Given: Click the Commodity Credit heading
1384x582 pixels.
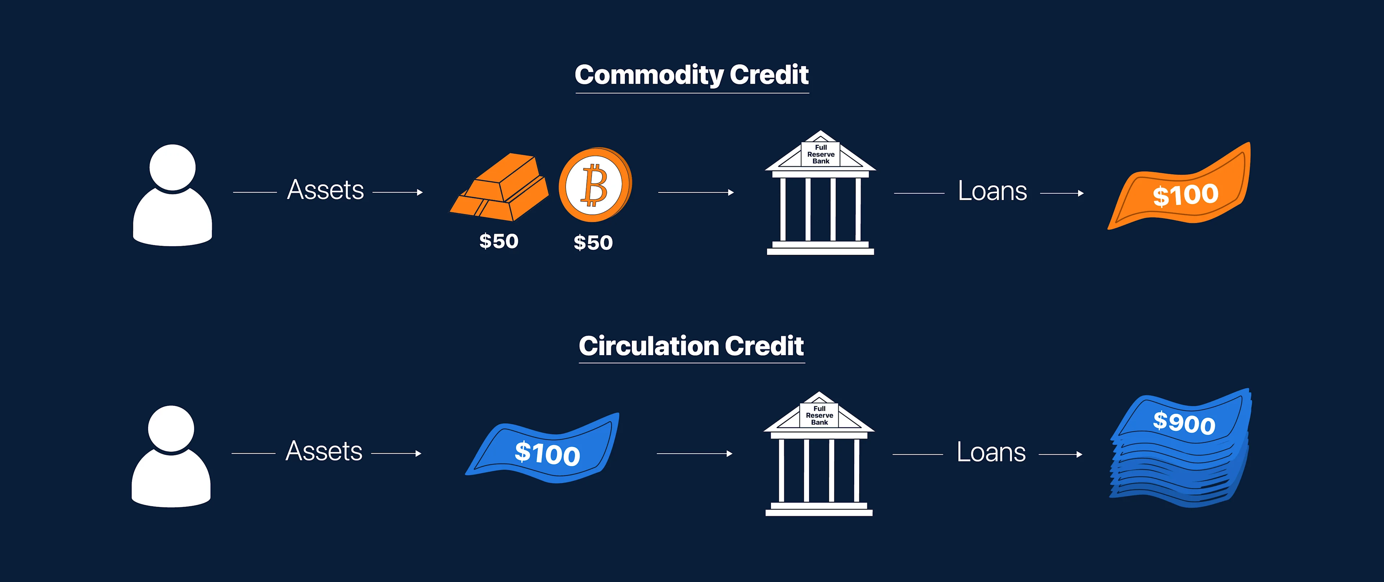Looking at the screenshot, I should pos(692,75).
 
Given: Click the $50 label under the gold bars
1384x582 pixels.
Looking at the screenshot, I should pos(498,241).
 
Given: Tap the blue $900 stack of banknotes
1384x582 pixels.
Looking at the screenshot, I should pos(1181,449).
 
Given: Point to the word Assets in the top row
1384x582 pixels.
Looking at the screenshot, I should pos(325,190).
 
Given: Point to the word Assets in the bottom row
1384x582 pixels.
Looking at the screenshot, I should pos(324,451).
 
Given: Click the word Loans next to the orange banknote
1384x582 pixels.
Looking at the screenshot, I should pos(992,191).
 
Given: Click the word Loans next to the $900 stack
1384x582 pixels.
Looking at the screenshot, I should pos(991,453).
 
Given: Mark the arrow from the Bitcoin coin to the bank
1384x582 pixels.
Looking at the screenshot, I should pos(695,193).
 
